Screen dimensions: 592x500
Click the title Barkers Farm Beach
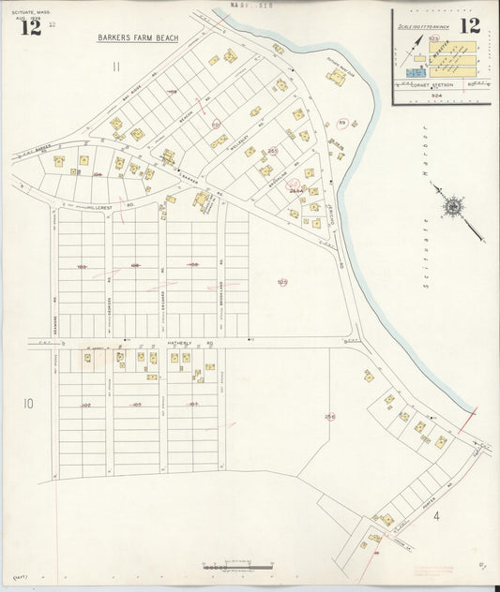point(138,38)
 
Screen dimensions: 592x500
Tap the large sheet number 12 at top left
point(31,26)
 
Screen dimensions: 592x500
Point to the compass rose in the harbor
point(452,206)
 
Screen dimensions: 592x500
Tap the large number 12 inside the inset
point(469,25)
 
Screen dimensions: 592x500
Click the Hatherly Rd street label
point(185,344)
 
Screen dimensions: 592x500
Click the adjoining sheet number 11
point(115,67)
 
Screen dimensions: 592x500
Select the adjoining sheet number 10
point(28,404)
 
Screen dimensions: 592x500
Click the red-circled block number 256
point(330,417)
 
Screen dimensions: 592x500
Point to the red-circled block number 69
point(342,124)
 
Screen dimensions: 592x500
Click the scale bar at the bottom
point(237,567)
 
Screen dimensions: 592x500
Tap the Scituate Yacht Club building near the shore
point(336,78)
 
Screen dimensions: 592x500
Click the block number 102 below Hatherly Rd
point(85,405)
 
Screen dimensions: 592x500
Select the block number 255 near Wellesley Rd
point(272,150)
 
